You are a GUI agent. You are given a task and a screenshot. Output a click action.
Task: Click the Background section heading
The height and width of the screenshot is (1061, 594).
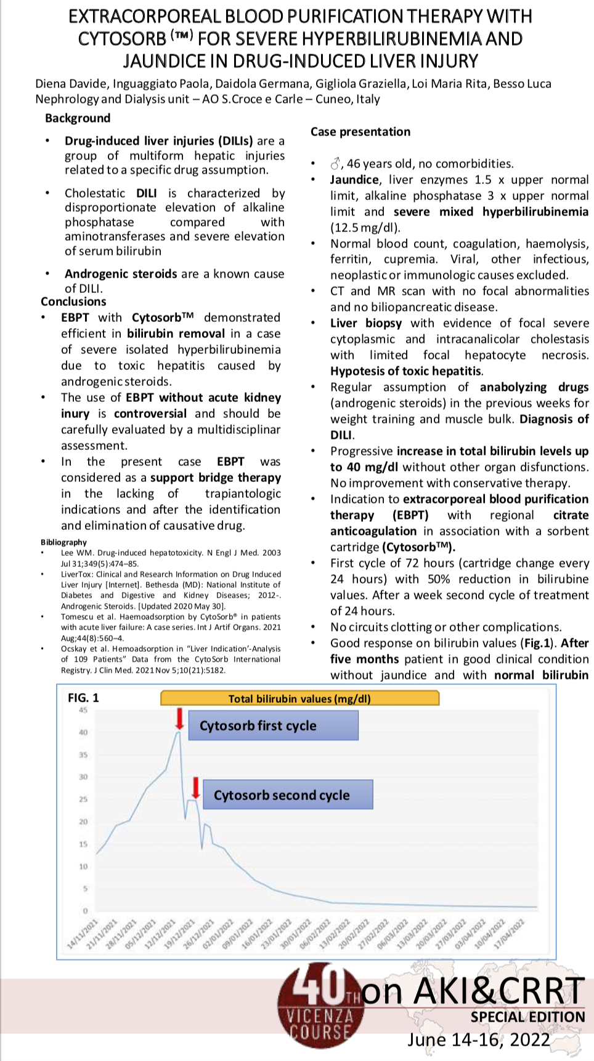[x=78, y=118]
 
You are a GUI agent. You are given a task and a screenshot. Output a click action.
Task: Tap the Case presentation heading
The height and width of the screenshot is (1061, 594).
[x=360, y=132]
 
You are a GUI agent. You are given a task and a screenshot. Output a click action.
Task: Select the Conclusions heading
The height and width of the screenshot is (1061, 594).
[x=73, y=302]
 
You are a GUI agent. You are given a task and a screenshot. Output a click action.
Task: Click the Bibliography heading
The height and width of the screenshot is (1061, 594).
[x=63, y=542]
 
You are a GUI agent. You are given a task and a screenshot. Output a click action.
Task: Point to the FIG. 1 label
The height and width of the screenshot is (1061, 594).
[x=83, y=698]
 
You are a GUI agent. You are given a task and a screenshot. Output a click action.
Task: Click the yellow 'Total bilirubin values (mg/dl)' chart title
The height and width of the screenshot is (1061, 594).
[x=299, y=699]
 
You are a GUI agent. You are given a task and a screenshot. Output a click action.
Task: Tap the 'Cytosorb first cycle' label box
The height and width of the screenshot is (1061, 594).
[x=273, y=726]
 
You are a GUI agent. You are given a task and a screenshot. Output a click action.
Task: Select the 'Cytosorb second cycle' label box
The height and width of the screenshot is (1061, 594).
[x=288, y=795]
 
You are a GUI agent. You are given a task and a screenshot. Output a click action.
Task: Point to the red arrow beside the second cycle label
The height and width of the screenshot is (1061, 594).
[x=195, y=787]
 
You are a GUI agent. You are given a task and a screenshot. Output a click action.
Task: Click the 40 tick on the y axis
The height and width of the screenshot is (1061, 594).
[x=83, y=732]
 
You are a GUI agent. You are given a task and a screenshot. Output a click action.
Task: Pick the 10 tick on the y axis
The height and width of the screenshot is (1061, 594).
[x=83, y=867]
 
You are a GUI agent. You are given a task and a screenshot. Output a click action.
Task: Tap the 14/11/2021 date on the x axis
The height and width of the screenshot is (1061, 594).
[x=83, y=934]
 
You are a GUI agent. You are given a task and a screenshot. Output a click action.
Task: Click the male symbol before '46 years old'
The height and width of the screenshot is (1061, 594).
[x=335, y=164]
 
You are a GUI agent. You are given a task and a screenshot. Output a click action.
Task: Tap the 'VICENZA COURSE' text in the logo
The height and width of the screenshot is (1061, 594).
[x=320, y=1024]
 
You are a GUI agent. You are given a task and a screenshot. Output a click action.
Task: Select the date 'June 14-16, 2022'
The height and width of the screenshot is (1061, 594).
[x=478, y=1039]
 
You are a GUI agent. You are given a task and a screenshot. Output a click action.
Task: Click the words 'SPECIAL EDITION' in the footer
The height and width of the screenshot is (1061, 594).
[x=527, y=1017]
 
